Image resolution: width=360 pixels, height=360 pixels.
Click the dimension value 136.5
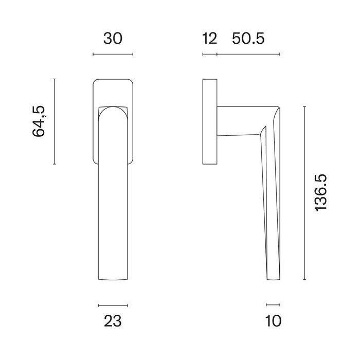(320, 193)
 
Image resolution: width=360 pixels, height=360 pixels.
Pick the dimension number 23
(113, 321)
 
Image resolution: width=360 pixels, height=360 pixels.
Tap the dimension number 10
(274, 321)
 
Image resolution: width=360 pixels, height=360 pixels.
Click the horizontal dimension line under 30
(113, 54)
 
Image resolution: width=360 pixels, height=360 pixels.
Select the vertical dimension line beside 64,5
(55, 121)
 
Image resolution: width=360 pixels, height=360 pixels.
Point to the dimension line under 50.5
(248, 54)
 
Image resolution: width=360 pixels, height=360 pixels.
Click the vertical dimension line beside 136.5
(305, 193)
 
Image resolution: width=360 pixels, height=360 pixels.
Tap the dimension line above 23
(113, 305)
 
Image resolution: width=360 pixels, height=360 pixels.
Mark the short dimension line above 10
(274, 305)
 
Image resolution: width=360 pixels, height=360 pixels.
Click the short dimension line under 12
(209, 54)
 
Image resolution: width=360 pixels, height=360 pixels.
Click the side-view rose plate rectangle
(209, 122)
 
